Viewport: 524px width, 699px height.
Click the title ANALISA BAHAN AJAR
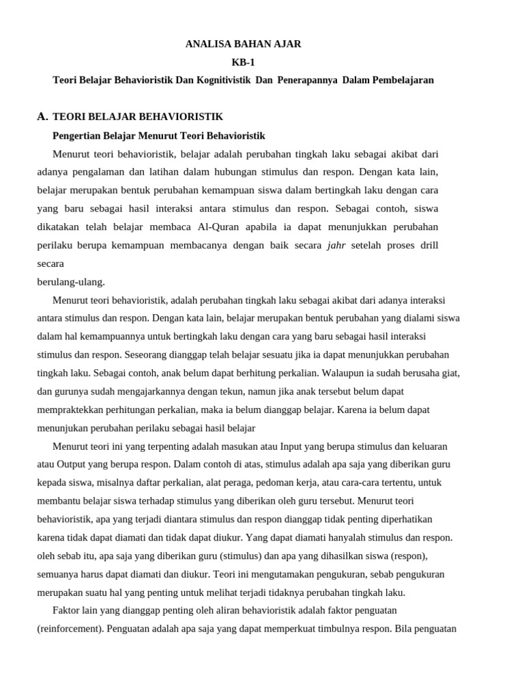pos(243,44)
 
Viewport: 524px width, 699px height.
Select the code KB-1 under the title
pos(243,62)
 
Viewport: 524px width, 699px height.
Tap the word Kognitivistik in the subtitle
pos(223,80)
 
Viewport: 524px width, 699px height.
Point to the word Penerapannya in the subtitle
pos(307,80)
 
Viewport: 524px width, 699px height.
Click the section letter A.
pos(42,117)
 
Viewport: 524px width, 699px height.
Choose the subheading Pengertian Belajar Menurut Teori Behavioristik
pos(159,135)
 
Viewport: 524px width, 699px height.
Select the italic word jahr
pos(336,245)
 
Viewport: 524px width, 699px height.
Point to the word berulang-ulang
pos(71,281)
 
